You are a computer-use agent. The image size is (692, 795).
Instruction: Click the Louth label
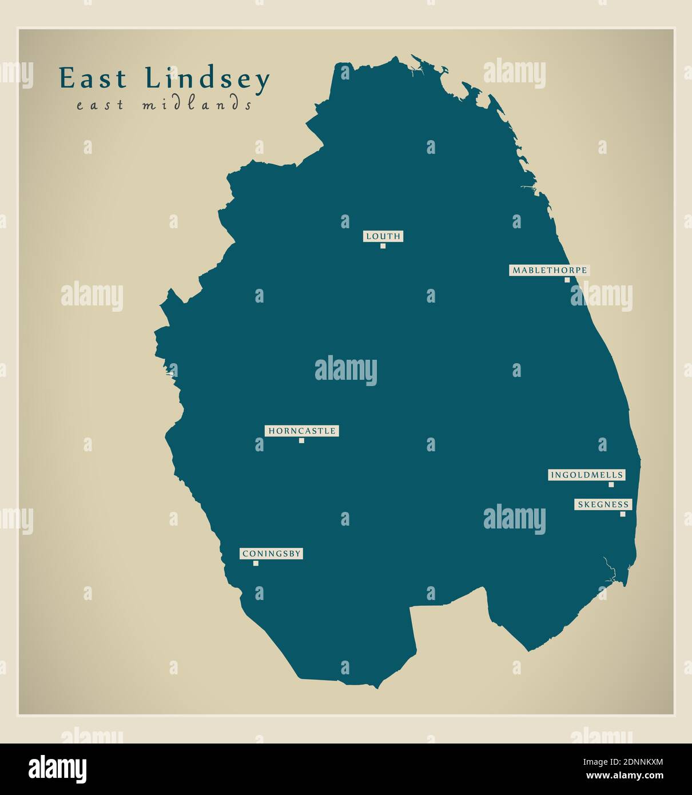pos(383,236)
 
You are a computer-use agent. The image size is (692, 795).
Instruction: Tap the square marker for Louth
pos(383,246)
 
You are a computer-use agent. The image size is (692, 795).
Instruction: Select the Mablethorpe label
pos(549,270)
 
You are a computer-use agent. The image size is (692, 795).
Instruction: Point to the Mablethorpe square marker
pos(567,280)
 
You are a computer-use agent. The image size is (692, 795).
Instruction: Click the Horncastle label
pos(301,431)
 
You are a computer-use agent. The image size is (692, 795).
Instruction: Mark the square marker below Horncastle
pos(301,440)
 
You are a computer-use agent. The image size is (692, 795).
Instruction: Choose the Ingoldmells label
pos(586,475)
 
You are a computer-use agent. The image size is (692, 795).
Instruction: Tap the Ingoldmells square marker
pos(611,484)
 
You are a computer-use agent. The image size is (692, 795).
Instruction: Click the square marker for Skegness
pos(623,514)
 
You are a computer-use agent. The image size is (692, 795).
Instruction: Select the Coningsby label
pos(271,554)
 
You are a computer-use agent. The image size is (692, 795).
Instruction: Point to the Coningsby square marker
pos(256,563)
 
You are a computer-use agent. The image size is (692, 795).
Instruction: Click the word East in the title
pos(93,79)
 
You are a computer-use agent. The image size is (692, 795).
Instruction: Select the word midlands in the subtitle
pos(197,105)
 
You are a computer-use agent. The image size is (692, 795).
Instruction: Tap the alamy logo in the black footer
pos(58,769)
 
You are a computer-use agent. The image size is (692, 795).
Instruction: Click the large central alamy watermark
pos(346,370)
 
